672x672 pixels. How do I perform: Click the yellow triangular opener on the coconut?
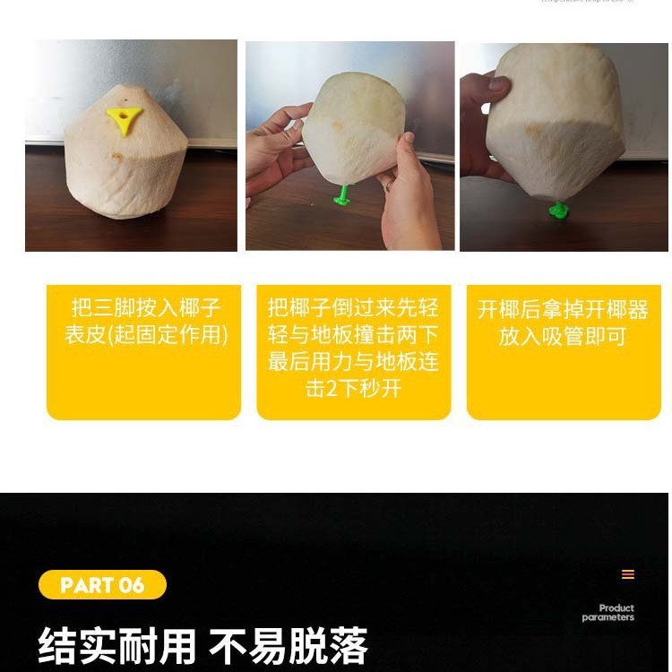(124, 116)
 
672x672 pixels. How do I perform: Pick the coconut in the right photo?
(557, 120)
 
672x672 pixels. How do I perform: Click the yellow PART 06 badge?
(102, 585)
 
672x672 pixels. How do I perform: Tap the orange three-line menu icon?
(628, 574)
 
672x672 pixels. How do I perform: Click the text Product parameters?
(608, 613)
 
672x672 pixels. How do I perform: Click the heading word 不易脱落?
(289, 645)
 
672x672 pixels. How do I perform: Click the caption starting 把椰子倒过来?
(353, 348)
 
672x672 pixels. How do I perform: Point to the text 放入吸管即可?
(563, 337)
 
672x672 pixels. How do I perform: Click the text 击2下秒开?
(353, 389)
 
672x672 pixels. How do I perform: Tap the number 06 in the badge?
(131, 586)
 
